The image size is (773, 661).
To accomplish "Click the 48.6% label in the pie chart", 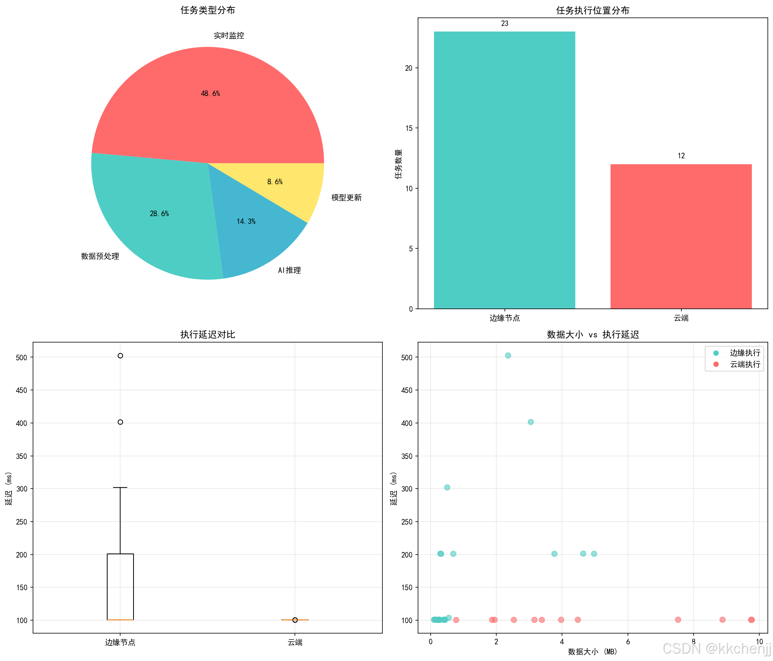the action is click(x=210, y=93).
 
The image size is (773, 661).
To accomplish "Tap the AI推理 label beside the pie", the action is click(x=289, y=270).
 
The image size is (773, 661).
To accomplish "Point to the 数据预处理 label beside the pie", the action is click(x=100, y=256).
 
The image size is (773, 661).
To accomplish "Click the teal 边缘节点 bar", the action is click(x=504, y=170).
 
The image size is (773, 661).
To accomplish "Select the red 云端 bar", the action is click(x=681, y=237).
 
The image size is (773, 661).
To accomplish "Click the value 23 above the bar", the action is click(x=505, y=23).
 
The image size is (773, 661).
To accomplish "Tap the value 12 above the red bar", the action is click(x=681, y=156).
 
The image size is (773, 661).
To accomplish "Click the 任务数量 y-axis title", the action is click(x=399, y=164).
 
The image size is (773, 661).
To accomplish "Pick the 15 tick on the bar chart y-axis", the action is click(x=409, y=128).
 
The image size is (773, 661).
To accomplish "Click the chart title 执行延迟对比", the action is click(x=208, y=334).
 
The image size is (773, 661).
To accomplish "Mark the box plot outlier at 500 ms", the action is click(x=120, y=356).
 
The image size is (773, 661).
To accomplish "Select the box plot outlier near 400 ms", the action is click(x=120, y=422).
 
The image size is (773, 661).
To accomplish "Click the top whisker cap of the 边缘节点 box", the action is click(x=120, y=487).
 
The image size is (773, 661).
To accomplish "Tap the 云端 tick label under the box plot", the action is click(x=295, y=642).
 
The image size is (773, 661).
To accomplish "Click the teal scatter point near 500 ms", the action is click(x=508, y=355).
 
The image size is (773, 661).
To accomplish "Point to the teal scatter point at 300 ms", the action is click(x=447, y=487).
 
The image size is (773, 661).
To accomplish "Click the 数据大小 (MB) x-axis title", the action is click(x=592, y=651).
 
